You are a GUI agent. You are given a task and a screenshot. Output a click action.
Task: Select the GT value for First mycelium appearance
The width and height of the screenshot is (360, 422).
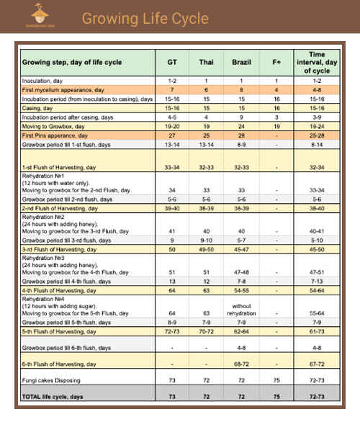(x=172, y=89)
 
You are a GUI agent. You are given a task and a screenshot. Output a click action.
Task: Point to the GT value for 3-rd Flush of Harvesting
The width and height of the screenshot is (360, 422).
(x=172, y=249)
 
